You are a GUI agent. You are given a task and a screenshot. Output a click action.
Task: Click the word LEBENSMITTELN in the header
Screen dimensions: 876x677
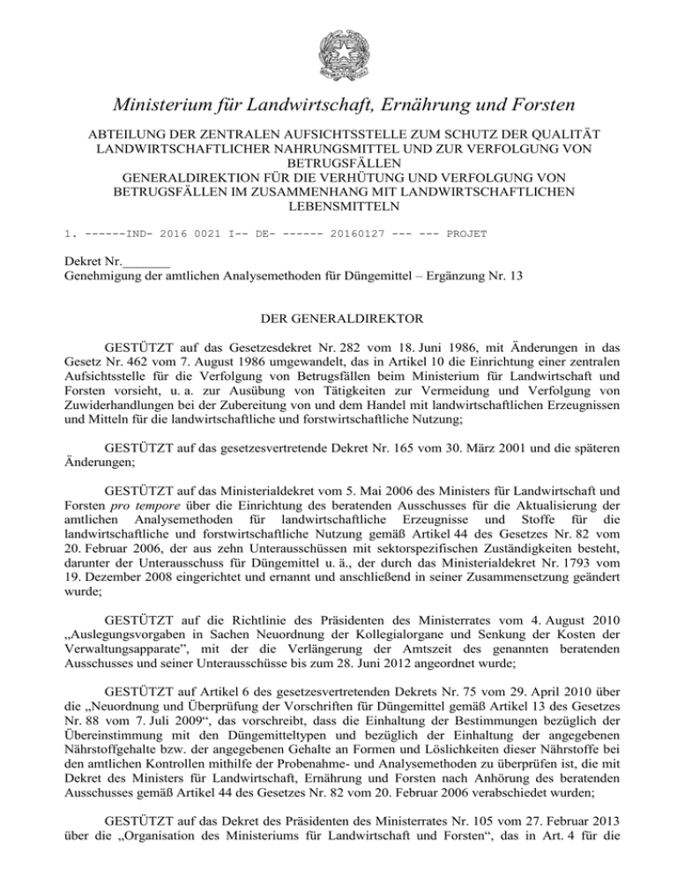tap(338, 207)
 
